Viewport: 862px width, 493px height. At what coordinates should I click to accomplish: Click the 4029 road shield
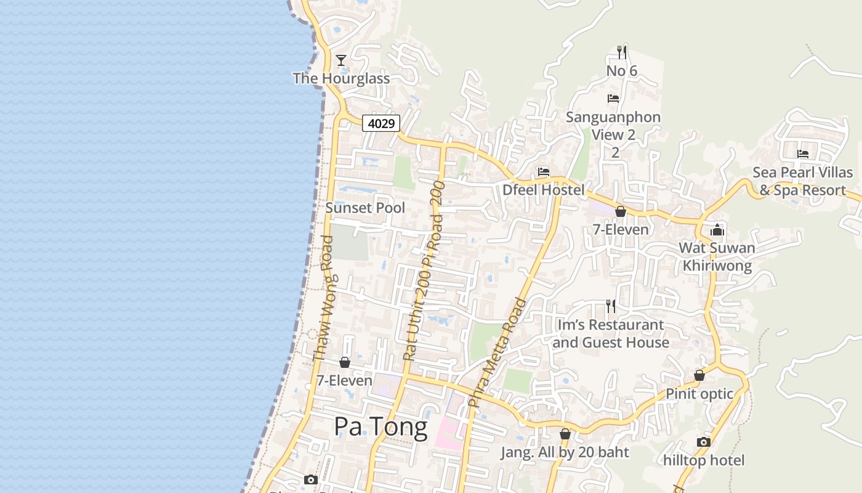[381, 123]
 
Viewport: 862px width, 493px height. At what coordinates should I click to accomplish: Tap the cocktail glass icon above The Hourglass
[341, 60]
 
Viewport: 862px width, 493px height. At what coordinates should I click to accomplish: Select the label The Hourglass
[341, 78]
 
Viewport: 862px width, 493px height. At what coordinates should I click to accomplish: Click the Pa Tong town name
[381, 426]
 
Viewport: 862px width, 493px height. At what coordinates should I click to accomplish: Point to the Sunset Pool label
[365, 208]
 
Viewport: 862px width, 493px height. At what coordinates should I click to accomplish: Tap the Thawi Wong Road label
[323, 299]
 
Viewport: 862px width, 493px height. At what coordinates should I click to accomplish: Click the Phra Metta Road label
[497, 352]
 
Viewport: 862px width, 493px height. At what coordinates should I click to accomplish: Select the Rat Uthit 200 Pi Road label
[423, 271]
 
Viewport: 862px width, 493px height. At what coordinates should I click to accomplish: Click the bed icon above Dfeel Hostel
[543, 172]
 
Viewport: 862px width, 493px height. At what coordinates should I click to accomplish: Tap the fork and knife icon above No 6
[622, 52]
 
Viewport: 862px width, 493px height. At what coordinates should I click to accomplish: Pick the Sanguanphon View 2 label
[613, 126]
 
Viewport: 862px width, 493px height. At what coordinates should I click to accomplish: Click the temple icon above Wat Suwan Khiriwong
[717, 230]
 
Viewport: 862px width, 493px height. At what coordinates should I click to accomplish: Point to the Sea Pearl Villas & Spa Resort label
[803, 181]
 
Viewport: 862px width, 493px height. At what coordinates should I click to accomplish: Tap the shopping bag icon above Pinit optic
[699, 375]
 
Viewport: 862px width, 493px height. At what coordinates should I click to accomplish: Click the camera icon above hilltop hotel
[703, 442]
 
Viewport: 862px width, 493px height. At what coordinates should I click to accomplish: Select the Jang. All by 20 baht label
[565, 452]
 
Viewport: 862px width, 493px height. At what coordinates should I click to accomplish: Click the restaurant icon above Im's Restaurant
[610, 306]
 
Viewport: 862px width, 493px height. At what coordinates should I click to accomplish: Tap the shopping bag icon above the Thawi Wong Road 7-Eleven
[345, 362]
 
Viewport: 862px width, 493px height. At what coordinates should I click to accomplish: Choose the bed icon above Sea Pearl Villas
[803, 153]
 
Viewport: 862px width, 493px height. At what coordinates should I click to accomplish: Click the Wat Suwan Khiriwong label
[717, 257]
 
